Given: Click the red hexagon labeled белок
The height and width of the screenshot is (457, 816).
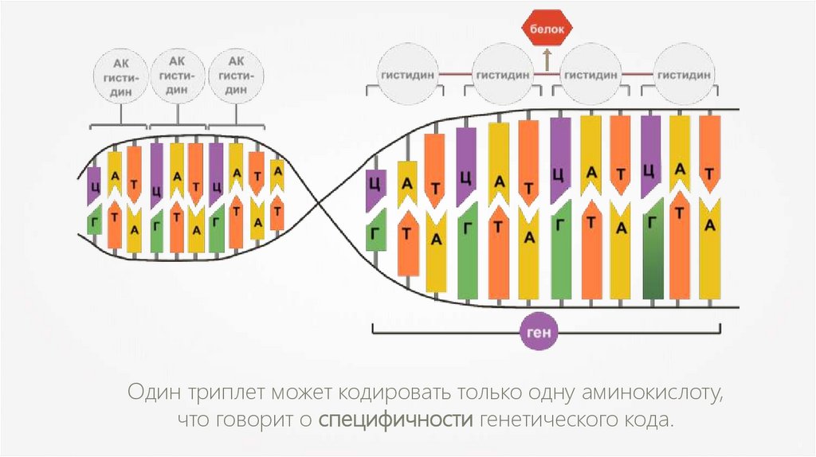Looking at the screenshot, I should [547, 30].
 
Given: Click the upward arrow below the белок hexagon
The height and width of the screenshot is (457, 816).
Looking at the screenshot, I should [547, 57].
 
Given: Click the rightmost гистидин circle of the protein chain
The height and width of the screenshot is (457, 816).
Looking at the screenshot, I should [684, 75].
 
